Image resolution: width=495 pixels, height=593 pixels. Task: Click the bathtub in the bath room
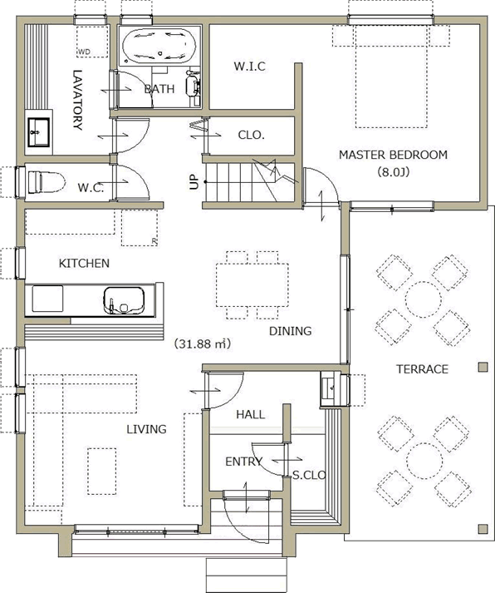point(159,45)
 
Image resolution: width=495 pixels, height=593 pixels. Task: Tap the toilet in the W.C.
point(45,181)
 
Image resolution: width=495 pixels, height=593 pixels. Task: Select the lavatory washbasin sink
point(38,132)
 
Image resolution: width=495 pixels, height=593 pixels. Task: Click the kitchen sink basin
point(125,301)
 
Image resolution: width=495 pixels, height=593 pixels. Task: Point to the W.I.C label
point(250,67)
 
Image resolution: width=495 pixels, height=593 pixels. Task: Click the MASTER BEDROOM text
point(393,155)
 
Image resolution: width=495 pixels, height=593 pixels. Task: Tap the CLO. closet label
point(251,135)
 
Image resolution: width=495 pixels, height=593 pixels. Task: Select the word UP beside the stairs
point(194,182)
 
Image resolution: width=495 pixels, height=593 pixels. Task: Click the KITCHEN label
point(84,263)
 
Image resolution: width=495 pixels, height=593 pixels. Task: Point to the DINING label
point(291,331)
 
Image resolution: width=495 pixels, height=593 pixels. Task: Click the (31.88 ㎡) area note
point(203,343)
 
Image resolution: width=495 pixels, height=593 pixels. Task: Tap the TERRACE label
point(422,369)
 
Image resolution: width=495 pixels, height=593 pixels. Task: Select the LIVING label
point(146,429)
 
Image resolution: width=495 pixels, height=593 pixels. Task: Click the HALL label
point(250,414)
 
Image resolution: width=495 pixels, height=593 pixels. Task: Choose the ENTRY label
point(243,462)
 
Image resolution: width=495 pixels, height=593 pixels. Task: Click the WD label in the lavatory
point(84,52)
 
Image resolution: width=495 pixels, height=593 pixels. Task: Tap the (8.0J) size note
point(393,172)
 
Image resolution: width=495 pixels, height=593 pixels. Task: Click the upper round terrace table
point(424,299)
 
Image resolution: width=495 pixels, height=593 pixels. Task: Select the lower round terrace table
point(424,461)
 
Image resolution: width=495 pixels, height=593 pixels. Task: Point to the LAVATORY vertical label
point(77,100)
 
